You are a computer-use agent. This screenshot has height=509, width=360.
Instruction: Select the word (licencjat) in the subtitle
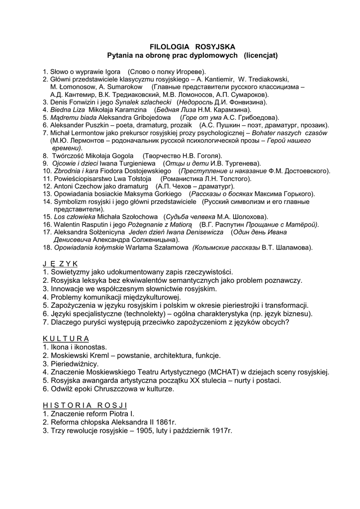pyautogui.click(x=261, y=55)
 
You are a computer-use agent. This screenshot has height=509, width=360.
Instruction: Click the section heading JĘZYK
pyautogui.click(x=61, y=263)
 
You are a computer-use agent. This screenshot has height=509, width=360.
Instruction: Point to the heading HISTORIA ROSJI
pyautogui.click(x=85, y=405)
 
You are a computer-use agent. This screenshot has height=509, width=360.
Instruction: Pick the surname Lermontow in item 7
pyautogui.click(x=89, y=133)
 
